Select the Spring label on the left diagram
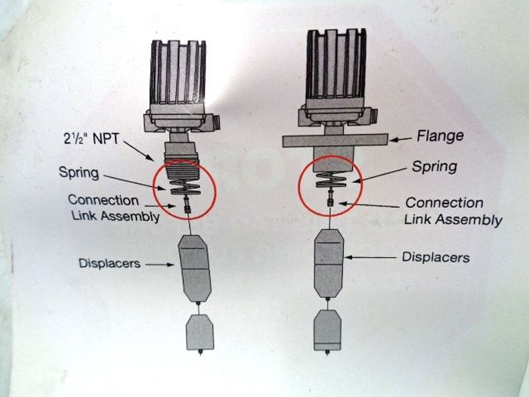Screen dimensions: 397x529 [80, 172]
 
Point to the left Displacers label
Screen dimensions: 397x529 [110, 263]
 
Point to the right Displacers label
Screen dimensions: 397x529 [435, 257]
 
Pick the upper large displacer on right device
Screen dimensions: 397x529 [329, 261]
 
